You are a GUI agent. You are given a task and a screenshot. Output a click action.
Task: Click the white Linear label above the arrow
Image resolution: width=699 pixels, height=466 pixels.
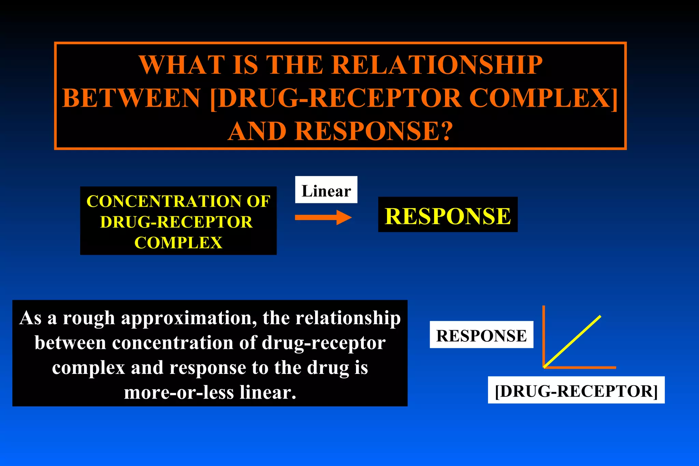(x=326, y=190)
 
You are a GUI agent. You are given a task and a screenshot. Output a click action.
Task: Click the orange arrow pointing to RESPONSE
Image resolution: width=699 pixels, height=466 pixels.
(x=323, y=217)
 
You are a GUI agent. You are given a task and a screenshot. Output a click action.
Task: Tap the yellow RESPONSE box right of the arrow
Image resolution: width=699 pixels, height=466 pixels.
(x=447, y=215)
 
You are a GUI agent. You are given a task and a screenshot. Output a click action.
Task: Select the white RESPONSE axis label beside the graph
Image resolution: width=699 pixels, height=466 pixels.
(x=481, y=335)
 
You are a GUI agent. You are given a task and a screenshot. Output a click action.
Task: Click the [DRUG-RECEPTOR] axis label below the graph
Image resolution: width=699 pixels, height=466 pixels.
(x=576, y=390)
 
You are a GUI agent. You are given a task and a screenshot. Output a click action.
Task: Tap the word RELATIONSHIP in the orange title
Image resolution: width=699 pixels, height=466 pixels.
(x=437, y=65)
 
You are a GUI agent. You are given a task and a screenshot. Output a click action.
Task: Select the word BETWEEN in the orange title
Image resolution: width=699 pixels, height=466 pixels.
(x=131, y=98)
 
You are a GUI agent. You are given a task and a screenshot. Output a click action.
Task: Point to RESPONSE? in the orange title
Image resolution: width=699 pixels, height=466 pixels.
(x=374, y=131)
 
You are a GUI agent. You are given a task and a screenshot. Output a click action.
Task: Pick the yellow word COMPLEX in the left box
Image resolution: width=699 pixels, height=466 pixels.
(x=178, y=243)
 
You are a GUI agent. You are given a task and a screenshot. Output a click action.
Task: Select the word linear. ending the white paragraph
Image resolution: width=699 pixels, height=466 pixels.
(x=268, y=392)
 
